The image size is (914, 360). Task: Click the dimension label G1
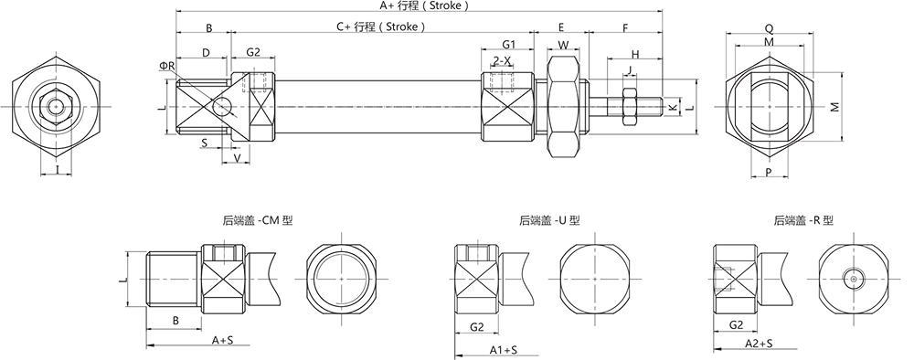[508, 44]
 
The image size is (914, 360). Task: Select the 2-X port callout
[502, 60]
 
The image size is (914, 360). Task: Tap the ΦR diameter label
[166, 66]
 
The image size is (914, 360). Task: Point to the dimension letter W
[563, 45]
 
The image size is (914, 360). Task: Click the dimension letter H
[635, 54]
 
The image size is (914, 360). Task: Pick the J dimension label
[628, 70]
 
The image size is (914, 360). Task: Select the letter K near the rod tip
[672, 107]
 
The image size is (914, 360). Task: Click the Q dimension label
[769, 28]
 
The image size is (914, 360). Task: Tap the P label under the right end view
[769, 172]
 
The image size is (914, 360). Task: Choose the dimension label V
[237, 157]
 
